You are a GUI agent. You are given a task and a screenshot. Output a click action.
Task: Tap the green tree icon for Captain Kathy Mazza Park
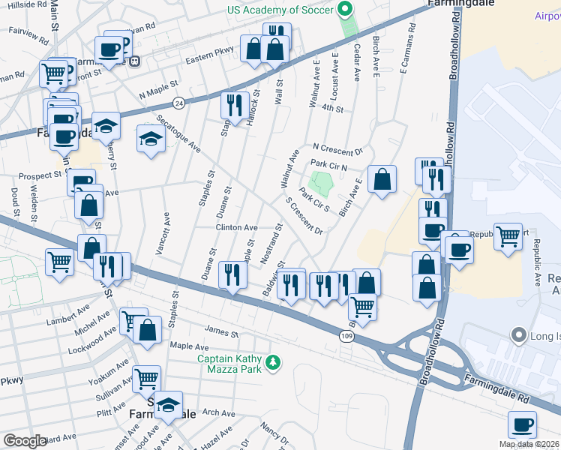(274, 362)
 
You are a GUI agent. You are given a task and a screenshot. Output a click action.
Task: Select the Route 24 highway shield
(178, 102)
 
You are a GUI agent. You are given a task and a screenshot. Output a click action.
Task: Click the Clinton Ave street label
(236, 227)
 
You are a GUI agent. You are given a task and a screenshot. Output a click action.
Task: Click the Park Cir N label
(329, 163)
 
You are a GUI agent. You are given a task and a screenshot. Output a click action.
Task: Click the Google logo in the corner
(24, 440)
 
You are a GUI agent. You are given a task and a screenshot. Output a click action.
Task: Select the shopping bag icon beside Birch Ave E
(382, 179)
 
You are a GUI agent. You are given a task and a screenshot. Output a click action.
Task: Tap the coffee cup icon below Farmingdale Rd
(522, 424)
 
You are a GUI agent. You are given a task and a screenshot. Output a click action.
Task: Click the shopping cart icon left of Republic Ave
(508, 236)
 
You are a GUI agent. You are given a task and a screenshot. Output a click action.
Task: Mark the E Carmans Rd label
(404, 60)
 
